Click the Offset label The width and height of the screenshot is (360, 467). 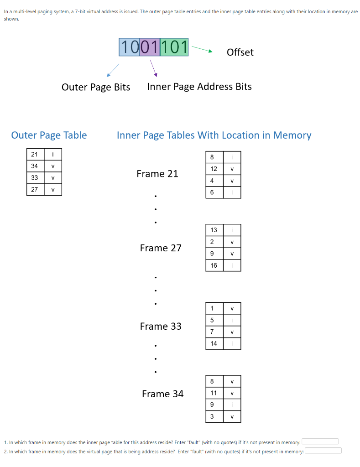coord(240,52)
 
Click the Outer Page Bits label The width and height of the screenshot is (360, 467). coord(96,87)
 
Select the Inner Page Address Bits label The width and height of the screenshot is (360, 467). coord(199,87)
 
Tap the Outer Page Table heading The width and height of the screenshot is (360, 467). coord(49,135)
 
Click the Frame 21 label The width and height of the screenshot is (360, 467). coord(157,174)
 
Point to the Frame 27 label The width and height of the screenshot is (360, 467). coord(161,248)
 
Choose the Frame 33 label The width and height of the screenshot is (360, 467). coord(161,327)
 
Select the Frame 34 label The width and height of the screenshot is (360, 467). coord(162,394)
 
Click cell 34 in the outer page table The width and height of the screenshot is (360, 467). coord(35,166)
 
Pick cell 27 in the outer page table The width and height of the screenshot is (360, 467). coord(35,189)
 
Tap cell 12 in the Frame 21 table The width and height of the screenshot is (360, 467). coord(214,169)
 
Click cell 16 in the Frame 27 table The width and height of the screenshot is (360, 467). coord(214,265)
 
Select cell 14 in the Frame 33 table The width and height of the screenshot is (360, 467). coord(214,343)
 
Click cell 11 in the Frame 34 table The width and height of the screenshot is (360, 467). coord(214,393)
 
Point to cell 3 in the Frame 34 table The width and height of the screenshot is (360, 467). coord(212,416)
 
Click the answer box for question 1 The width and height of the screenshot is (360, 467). coord(320,442)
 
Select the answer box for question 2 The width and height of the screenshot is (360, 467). coord(323,451)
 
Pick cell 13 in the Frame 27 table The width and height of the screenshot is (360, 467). coord(214,230)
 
